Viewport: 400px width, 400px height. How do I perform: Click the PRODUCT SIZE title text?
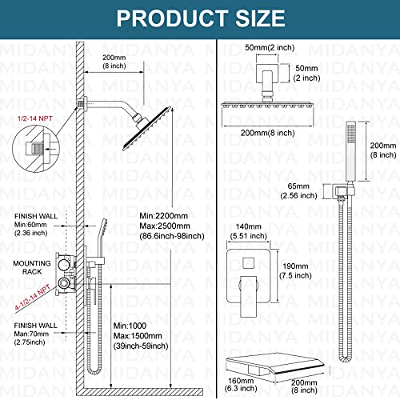click(199, 17)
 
